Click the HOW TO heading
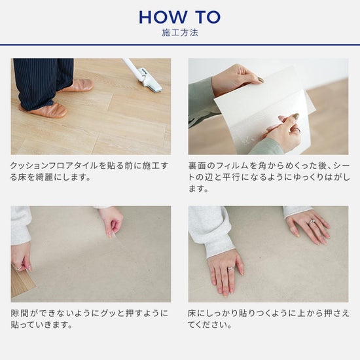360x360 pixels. pyautogui.click(x=179, y=16)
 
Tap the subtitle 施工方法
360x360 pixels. pyautogui.click(x=179, y=32)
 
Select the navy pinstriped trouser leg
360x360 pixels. pyautogui.click(x=37, y=82)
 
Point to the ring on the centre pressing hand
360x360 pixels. pyautogui.click(x=230, y=268)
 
